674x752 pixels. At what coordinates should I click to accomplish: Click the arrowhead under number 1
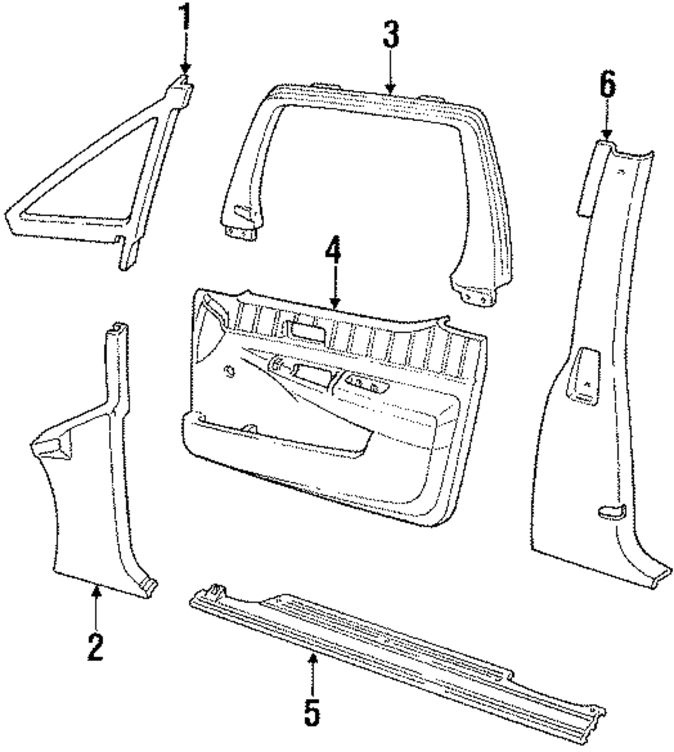tap(185, 67)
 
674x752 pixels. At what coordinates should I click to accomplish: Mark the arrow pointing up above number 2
tap(96, 593)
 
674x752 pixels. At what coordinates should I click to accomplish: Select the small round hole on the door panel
tap(228, 370)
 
